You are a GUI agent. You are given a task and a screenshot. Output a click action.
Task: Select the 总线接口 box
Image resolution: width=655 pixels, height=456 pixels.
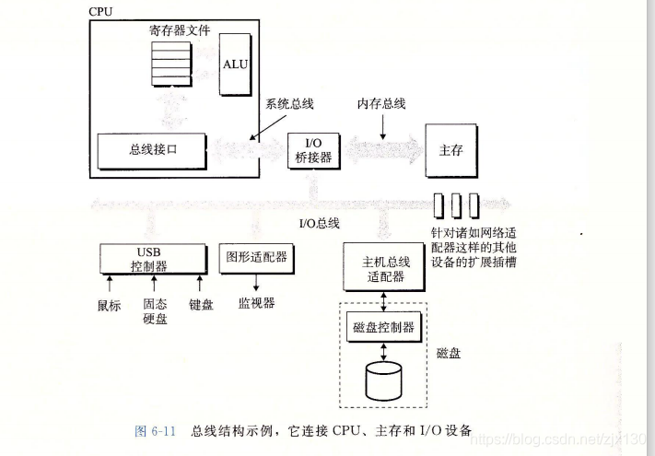(149, 149)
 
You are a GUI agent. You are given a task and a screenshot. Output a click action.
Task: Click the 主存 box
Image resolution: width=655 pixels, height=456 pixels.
(450, 149)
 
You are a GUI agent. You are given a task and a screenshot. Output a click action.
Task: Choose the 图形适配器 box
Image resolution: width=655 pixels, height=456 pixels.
(255, 257)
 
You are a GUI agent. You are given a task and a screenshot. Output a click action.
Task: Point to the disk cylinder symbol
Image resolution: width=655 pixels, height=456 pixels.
(384, 380)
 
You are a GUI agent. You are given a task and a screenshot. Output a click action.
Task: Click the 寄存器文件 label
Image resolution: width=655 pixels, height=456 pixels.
(180, 30)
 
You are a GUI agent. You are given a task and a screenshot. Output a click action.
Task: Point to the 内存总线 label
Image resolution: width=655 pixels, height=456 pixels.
(381, 103)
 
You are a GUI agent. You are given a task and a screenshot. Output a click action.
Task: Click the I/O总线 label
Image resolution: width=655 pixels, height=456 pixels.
(320, 223)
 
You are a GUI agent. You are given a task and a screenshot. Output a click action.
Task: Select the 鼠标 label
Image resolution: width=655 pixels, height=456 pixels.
(109, 305)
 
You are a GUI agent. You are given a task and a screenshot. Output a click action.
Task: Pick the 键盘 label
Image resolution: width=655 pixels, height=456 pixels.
(201, 305)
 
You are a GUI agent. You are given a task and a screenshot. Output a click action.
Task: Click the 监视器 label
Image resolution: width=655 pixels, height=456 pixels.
(256, 302)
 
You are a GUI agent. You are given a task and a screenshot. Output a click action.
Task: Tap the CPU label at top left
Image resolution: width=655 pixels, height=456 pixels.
(99, 11)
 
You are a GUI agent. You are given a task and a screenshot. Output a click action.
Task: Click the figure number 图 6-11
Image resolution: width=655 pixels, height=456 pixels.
(155, 430)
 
